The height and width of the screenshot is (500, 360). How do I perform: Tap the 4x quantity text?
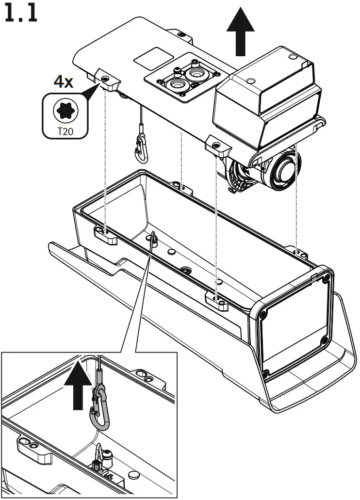pos(64,81)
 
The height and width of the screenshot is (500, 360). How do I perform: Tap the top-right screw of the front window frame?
pos(327,279)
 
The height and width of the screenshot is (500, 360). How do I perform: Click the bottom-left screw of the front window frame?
pos(266,373)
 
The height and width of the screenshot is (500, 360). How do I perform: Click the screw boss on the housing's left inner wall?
pos(104,234)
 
